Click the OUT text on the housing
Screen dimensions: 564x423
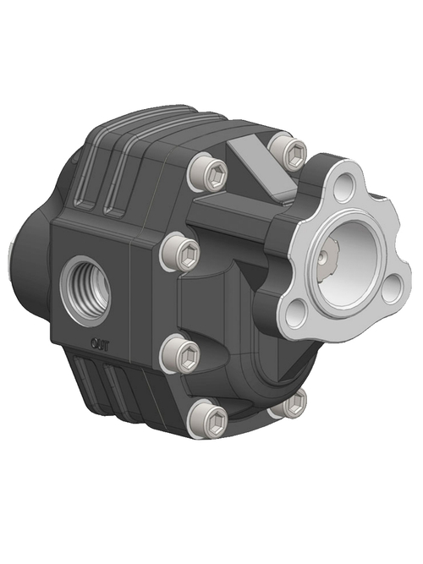pos(99,342)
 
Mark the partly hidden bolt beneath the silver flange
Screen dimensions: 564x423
pos(290,403)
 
